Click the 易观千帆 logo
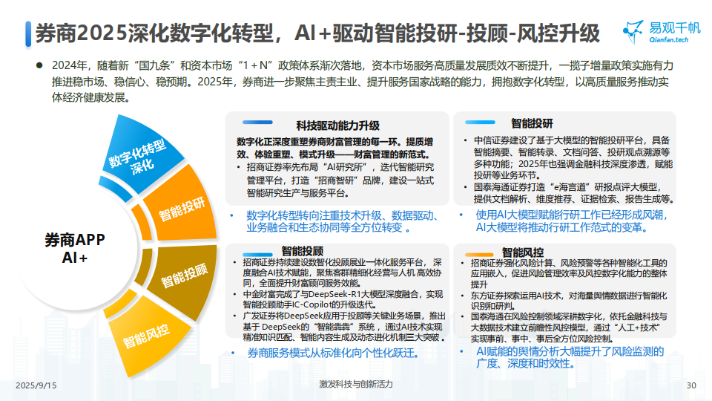[x=661, y=32]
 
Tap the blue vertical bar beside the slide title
[x=28, y=33]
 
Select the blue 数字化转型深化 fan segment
[x=141, y=152]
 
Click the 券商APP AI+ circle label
[x=75, y=249]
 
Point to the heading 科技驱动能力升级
[x=337, y=125]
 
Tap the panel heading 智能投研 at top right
[x=532, y=123]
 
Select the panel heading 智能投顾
[x=302, y=251]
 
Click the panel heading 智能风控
[x=522, y=252]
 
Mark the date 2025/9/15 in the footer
[x=36, y=385]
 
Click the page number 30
[x=691, y=385]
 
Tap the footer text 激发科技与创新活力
[x=356, y=384]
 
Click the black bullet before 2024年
[x=39, y=65]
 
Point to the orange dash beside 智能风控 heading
[x=479, y=255]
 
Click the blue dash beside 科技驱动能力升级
[x=257, y=123]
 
